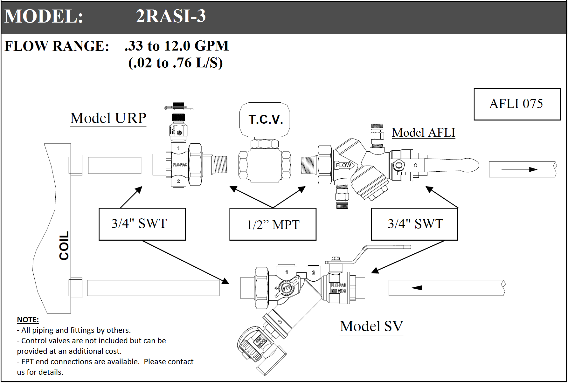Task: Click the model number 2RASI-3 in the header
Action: pyautogui.click(x=171, y=16)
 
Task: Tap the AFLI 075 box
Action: pyautogui.click(x=517, y=104)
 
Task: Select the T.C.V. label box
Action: pyautogui.click(x=265, y=120)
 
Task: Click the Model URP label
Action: pyautogui.click(x=108, y=118)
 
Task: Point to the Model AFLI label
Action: pyautogui.click(x=423, y=133)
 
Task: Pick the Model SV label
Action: pyautogui.click(x=371, y=326)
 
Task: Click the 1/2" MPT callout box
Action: pyautogui.click(x=273, y=224)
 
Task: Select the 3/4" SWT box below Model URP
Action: pyautogui.click(x=142, y=224)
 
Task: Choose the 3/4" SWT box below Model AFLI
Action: pyautogui.click(x=414, y=224)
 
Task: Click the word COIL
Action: pyautogui.click(x=64, y=245)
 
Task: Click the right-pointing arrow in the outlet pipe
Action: pyautogui.click(x=519, y=169)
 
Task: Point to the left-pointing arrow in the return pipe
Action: pyautogui.click(x=441, y=288)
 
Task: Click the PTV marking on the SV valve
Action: pyautogui.click(x=287, y=288)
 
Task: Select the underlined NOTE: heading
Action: pyautogui.click(x=28, y=320)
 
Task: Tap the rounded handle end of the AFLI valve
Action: pyautogui.click(x=470, y=165)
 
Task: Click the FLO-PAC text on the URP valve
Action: pyautogui.click(x=180, y=165)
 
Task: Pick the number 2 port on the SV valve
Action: pyautogui.click(x=314, y=272)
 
